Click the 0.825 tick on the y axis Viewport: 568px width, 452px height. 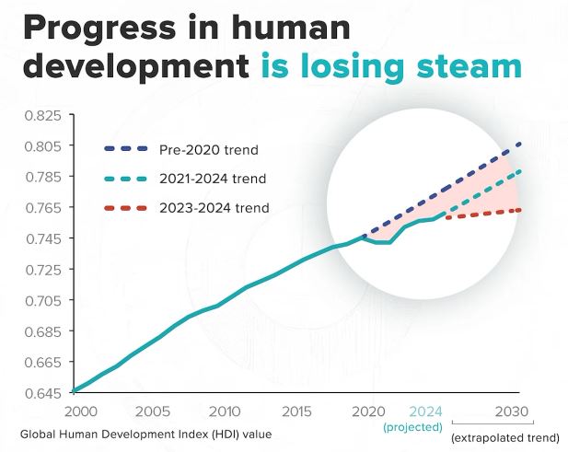42,115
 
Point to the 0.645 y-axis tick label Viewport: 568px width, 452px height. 42,393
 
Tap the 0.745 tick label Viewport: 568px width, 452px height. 42,238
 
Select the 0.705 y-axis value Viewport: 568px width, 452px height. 42,300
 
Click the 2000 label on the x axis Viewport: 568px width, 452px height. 80,411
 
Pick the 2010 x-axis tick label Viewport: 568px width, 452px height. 224,411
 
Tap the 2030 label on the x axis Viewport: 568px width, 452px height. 512,411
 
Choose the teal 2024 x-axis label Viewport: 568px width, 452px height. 425,411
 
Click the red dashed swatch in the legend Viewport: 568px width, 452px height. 120,208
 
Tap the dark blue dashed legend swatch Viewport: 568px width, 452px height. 120,148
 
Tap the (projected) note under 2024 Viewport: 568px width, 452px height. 412,427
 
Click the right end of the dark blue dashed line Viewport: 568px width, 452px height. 521,144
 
